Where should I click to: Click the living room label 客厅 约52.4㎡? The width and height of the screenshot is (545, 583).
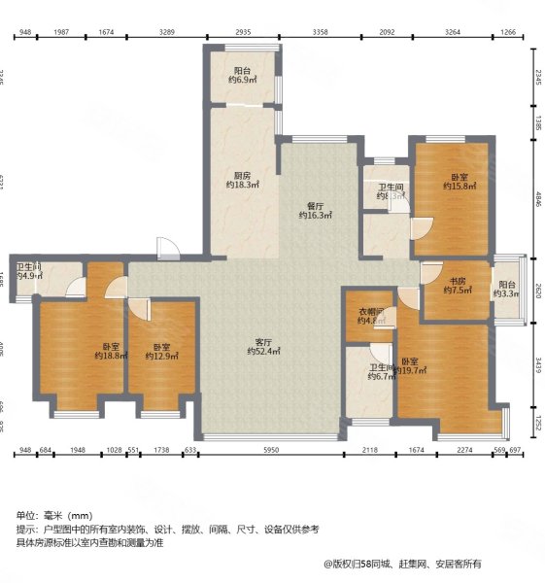coord(262,348)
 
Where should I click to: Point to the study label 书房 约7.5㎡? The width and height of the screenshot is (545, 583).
coord(456,284)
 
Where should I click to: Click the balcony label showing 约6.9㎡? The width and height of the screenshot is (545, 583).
coord(243,74)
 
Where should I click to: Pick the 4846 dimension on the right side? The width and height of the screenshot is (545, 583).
coord(536,202)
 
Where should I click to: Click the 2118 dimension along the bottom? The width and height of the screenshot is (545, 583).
coord(370,450)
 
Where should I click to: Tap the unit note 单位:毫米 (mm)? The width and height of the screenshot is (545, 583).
coord(53,515)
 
